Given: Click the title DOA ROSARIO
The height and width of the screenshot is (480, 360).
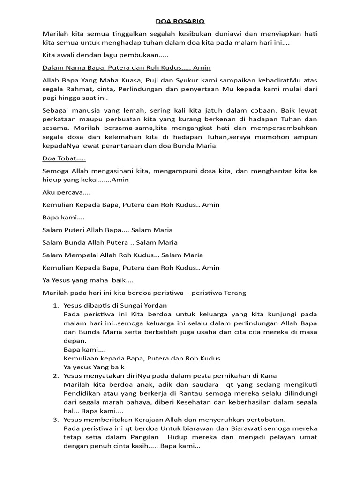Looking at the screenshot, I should click(x=180, y=21).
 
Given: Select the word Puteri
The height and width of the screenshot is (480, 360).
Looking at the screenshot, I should click(x=74, y=230).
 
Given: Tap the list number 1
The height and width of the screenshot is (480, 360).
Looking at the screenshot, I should click(x=55, y=305).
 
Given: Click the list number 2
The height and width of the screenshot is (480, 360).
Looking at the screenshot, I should click(x=55, y=375).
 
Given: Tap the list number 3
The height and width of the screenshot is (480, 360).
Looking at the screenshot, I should click(x=55, y=419).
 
